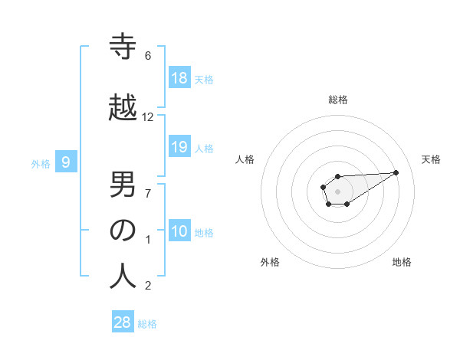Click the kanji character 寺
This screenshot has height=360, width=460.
coord(123,47)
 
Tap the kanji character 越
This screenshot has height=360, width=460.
coord(123,106)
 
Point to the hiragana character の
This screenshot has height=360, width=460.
coord(123,230)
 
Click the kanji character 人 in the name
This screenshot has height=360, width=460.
coord(123,276)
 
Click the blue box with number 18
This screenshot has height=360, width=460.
coord(179,77)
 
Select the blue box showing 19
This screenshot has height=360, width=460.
coord(179,147)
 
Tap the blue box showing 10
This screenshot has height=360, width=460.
coord(179,231)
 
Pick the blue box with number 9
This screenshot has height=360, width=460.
coord(67,162)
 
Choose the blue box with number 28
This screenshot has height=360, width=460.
coord(123,322)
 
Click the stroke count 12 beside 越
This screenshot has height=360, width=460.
coord(148,116)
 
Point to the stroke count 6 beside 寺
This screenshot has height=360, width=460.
coord(148,56)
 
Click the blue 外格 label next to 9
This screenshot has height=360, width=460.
coord(41,162)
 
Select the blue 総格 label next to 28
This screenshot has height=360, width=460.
coord(148,323)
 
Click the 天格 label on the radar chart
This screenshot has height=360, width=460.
coord(431,159)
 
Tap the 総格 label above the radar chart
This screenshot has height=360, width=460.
coord(338,100)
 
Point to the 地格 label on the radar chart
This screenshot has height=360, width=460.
coord(402,262)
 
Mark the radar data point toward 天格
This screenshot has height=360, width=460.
coord(396,172)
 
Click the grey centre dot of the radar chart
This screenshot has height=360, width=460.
coord(337,190)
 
